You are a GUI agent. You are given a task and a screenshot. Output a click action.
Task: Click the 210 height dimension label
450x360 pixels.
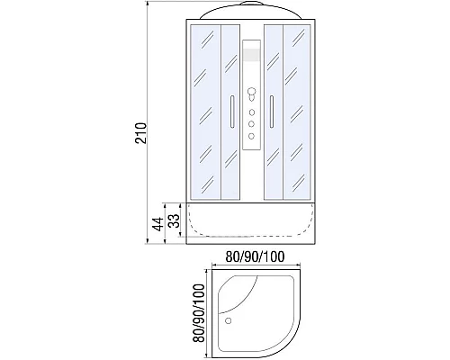(x=141, y=133)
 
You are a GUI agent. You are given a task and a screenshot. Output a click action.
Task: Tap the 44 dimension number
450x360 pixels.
(x=158, y=223)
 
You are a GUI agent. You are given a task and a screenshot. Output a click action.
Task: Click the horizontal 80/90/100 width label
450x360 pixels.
(x=255, y=256)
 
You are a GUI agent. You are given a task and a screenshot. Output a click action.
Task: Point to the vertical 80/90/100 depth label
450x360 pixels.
(x=199, y=313)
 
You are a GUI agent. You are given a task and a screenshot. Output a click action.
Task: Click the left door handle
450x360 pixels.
(x=232, y=112)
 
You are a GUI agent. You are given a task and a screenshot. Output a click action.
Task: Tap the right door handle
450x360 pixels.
(x=272, y=112)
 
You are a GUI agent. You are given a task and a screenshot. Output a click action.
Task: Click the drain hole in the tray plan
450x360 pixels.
(x=228, y=320)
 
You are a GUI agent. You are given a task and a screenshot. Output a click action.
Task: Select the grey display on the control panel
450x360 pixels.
(x=251, y=55)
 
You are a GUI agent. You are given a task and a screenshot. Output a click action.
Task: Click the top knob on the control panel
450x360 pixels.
(x=251, y=91)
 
